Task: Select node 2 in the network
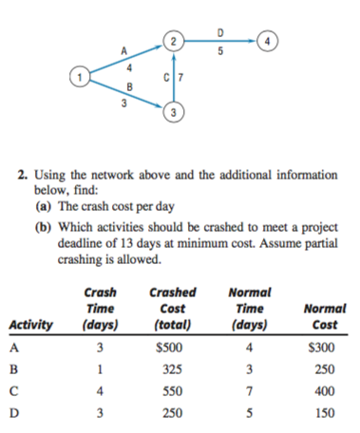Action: [x=172, y=40]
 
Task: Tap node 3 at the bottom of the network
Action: [x=172, y=115]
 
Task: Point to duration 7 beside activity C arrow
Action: [x=181, y=75]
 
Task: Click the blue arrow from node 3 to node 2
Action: [x=172, y=79]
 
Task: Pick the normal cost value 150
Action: [x=326, y=412]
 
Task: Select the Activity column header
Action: [x=34, y=327]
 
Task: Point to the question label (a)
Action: [x=44, y=204]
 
